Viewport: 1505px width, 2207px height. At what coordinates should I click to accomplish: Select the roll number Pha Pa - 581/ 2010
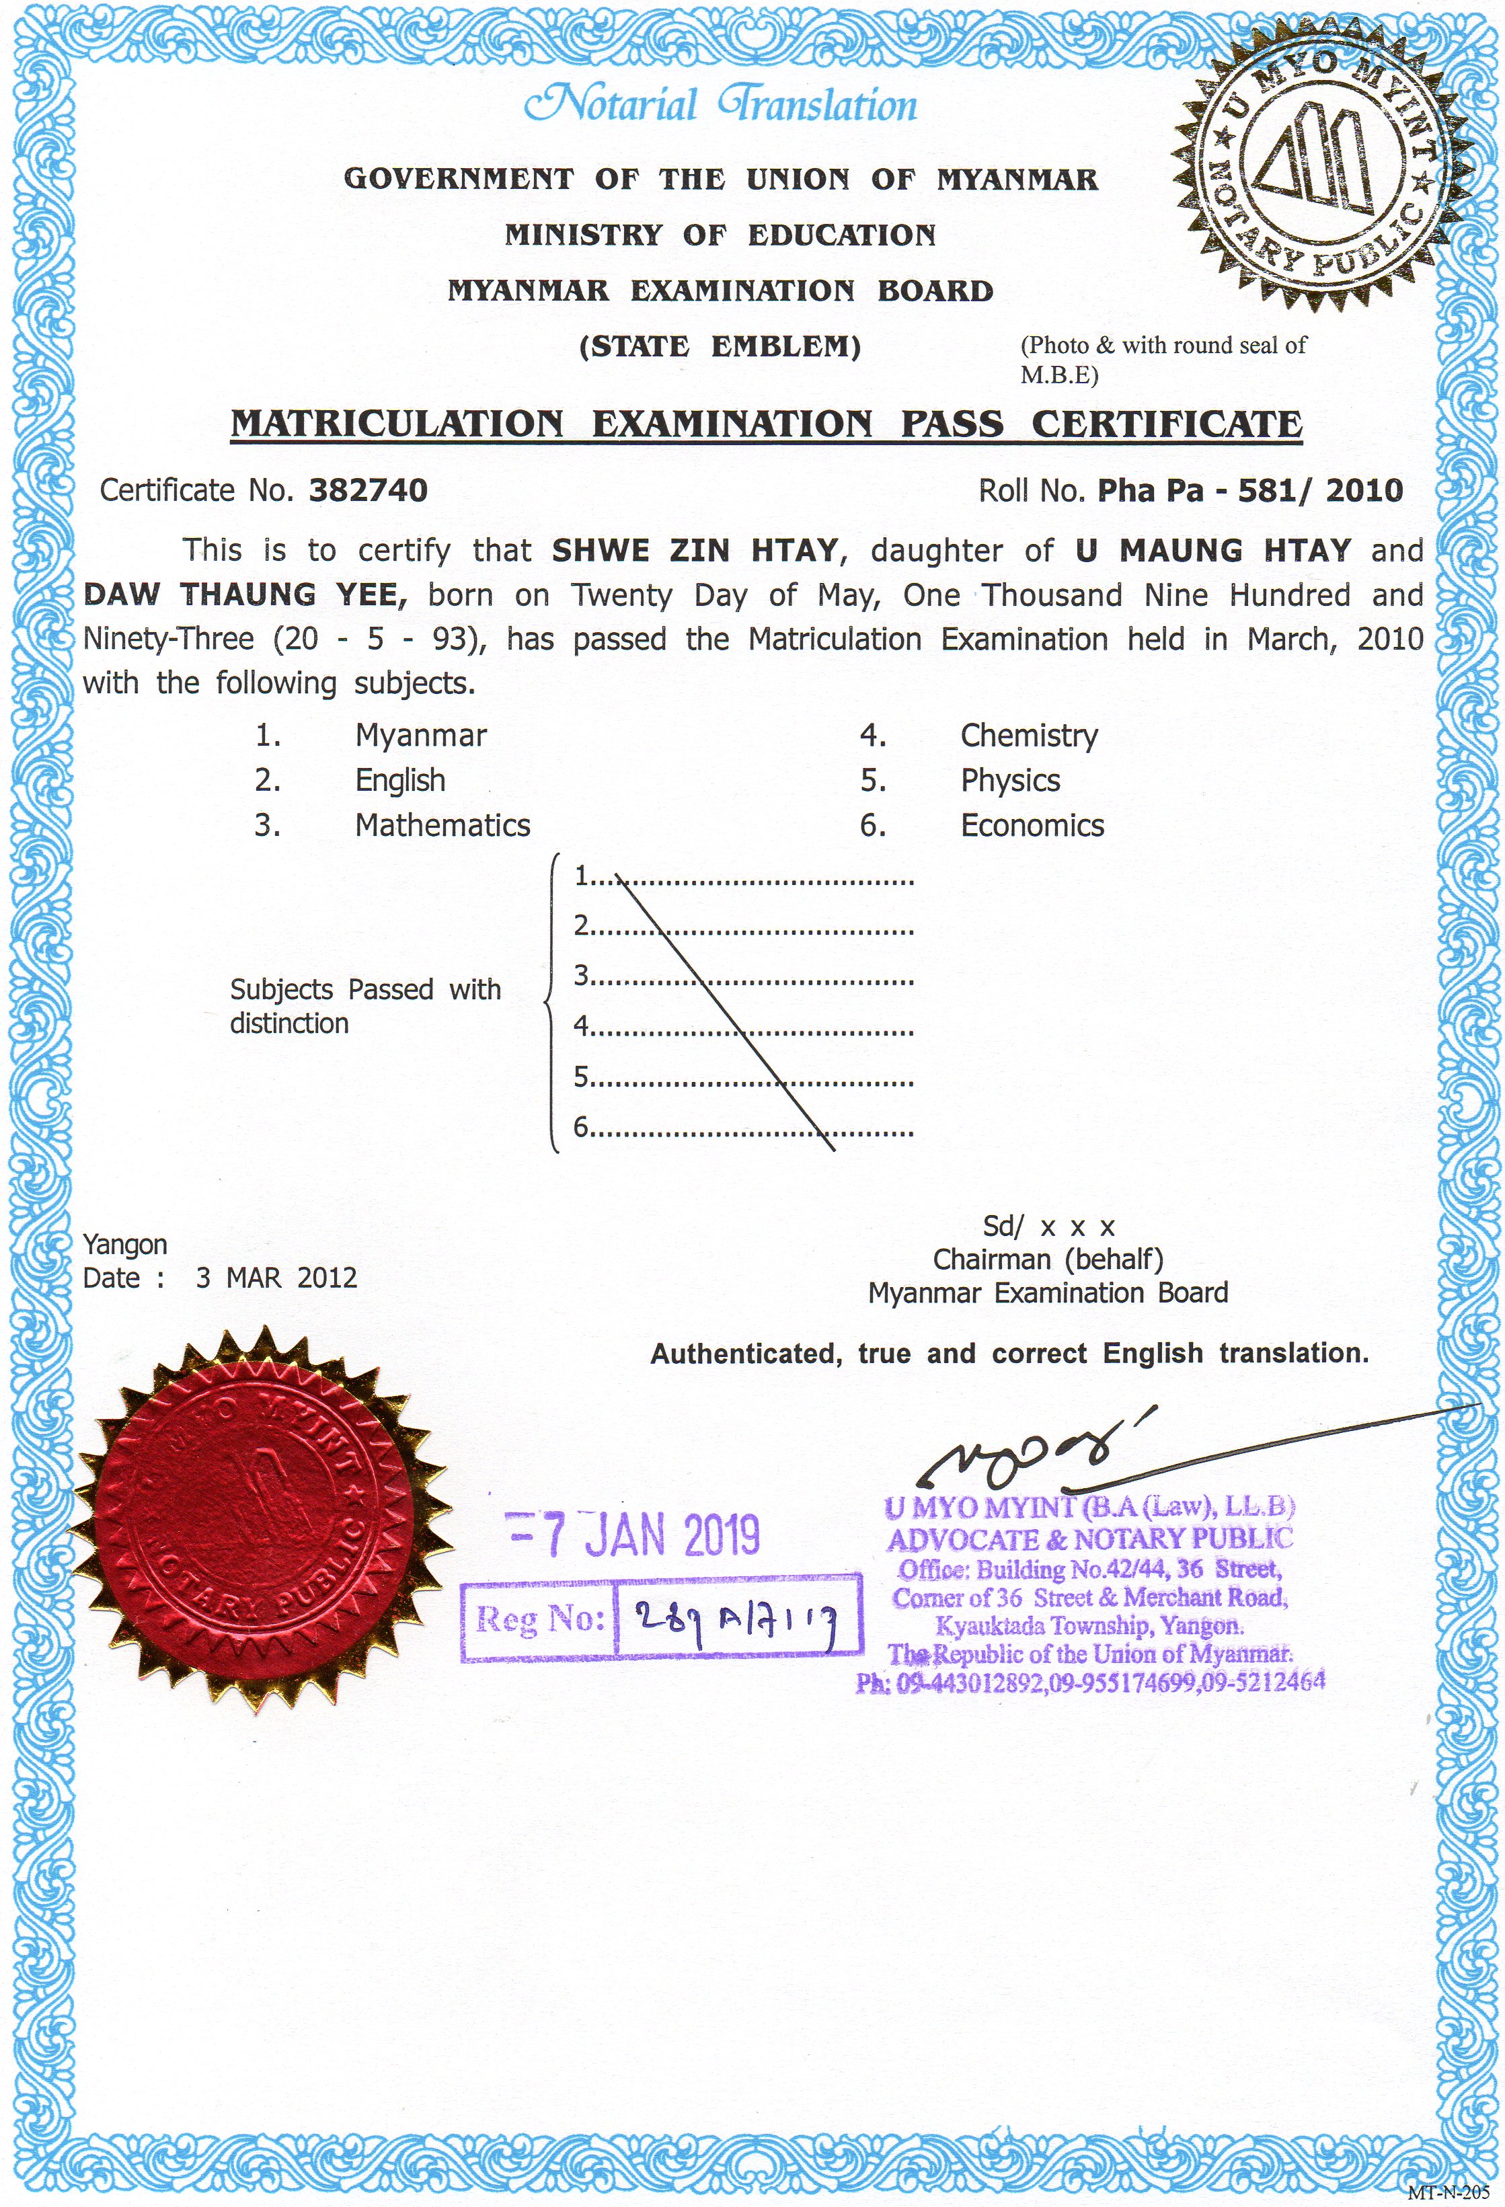(1249, 490)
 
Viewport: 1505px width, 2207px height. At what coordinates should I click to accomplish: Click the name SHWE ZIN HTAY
(695, 550)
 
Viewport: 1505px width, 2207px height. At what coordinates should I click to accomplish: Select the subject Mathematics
(442, 825)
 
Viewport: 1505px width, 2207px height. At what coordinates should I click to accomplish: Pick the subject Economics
(1032, 825)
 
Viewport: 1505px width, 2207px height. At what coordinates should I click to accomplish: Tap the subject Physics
(1009, 781)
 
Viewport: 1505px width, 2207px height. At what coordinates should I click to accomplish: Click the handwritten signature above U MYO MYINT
(1035, 1448)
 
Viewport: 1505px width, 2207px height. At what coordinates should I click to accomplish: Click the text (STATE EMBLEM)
(720, 346)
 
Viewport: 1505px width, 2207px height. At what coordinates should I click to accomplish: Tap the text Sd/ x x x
(1048, 1227)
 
